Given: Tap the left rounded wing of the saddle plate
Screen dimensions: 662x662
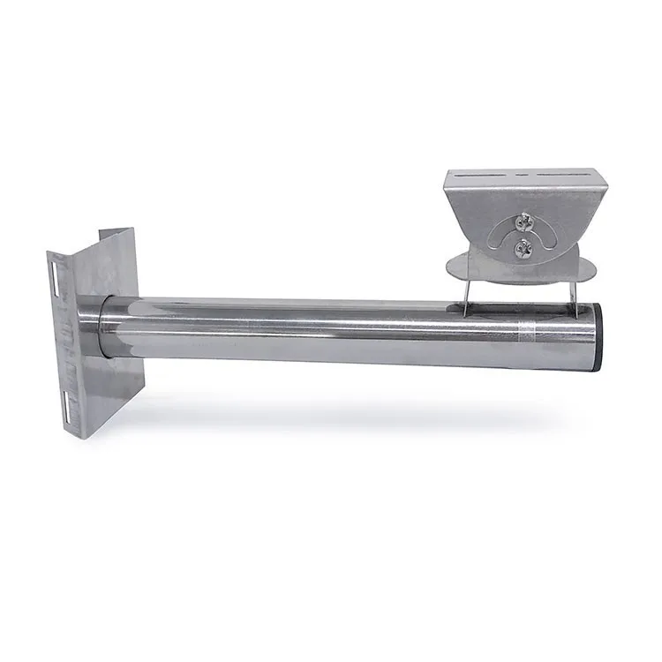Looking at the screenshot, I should point(456,263).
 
